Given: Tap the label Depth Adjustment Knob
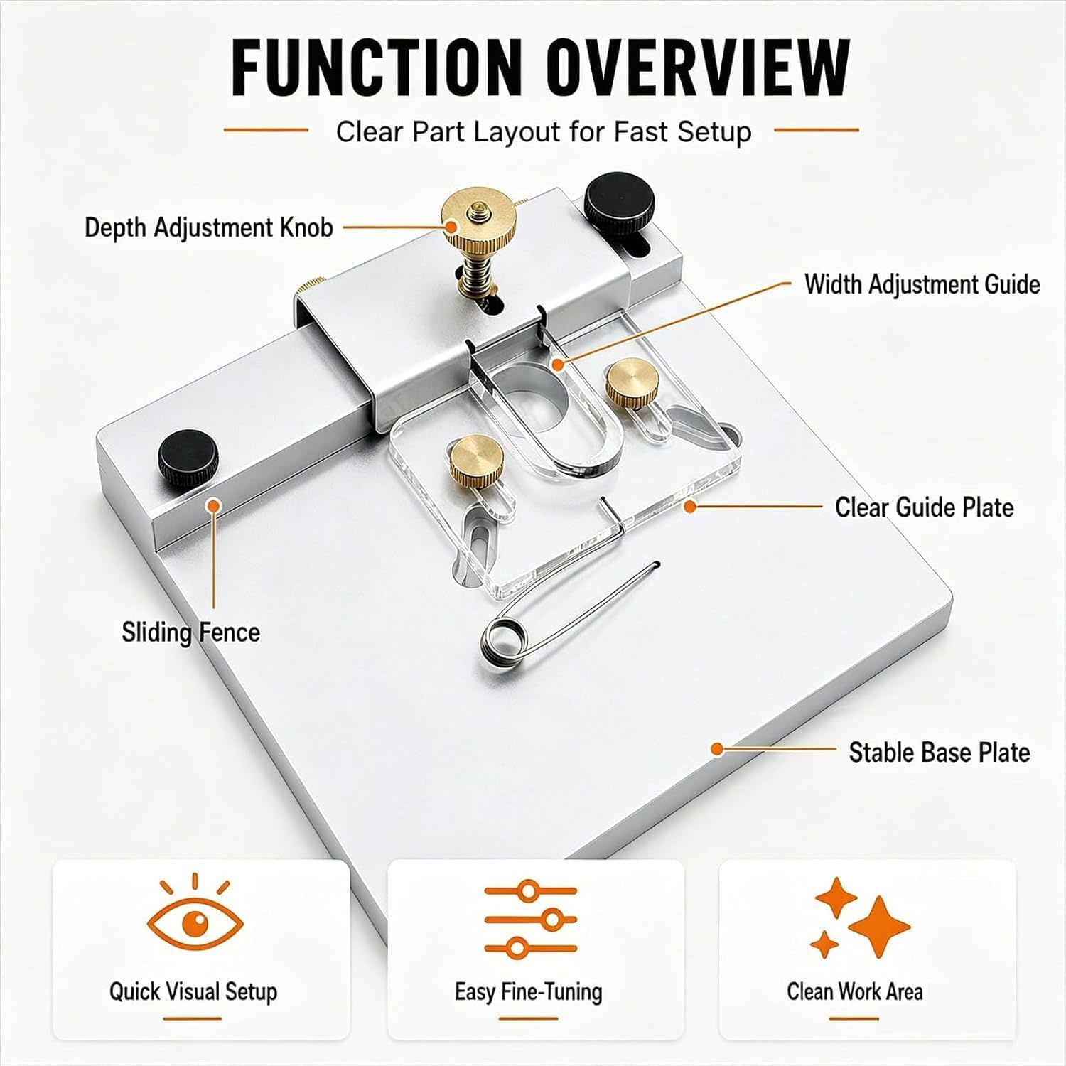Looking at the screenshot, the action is point(209,227).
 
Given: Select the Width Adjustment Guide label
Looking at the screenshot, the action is point(922,284).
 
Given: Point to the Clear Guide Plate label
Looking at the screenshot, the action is point(924,507).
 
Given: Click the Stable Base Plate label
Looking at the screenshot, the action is point(940,752).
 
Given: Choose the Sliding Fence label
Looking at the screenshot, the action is point(190,632).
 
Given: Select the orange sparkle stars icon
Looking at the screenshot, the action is point(860,917).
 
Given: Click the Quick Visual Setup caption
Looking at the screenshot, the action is point(193,992).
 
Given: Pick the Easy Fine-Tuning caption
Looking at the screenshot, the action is point(529,992).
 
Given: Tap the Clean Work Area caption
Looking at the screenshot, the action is point(855,991).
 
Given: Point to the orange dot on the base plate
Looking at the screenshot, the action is point(717,748).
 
